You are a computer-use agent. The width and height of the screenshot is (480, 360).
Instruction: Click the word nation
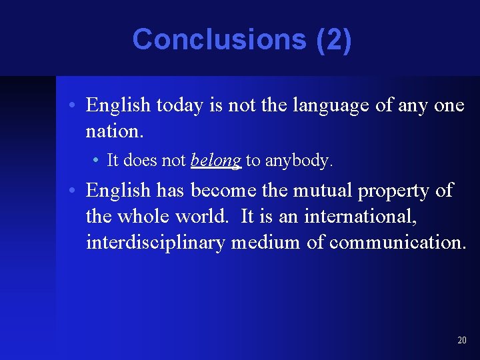tap(114, 131)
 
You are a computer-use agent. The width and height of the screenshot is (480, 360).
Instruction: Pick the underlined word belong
tap(216, 161)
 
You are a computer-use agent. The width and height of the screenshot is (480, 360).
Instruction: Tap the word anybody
tap(298, 161)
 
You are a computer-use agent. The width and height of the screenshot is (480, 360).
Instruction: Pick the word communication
tap(397, 243)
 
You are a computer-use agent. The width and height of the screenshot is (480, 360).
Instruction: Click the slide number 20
tap(462, 341)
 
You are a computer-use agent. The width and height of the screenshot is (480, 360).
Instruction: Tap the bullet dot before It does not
tap(98, 161)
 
